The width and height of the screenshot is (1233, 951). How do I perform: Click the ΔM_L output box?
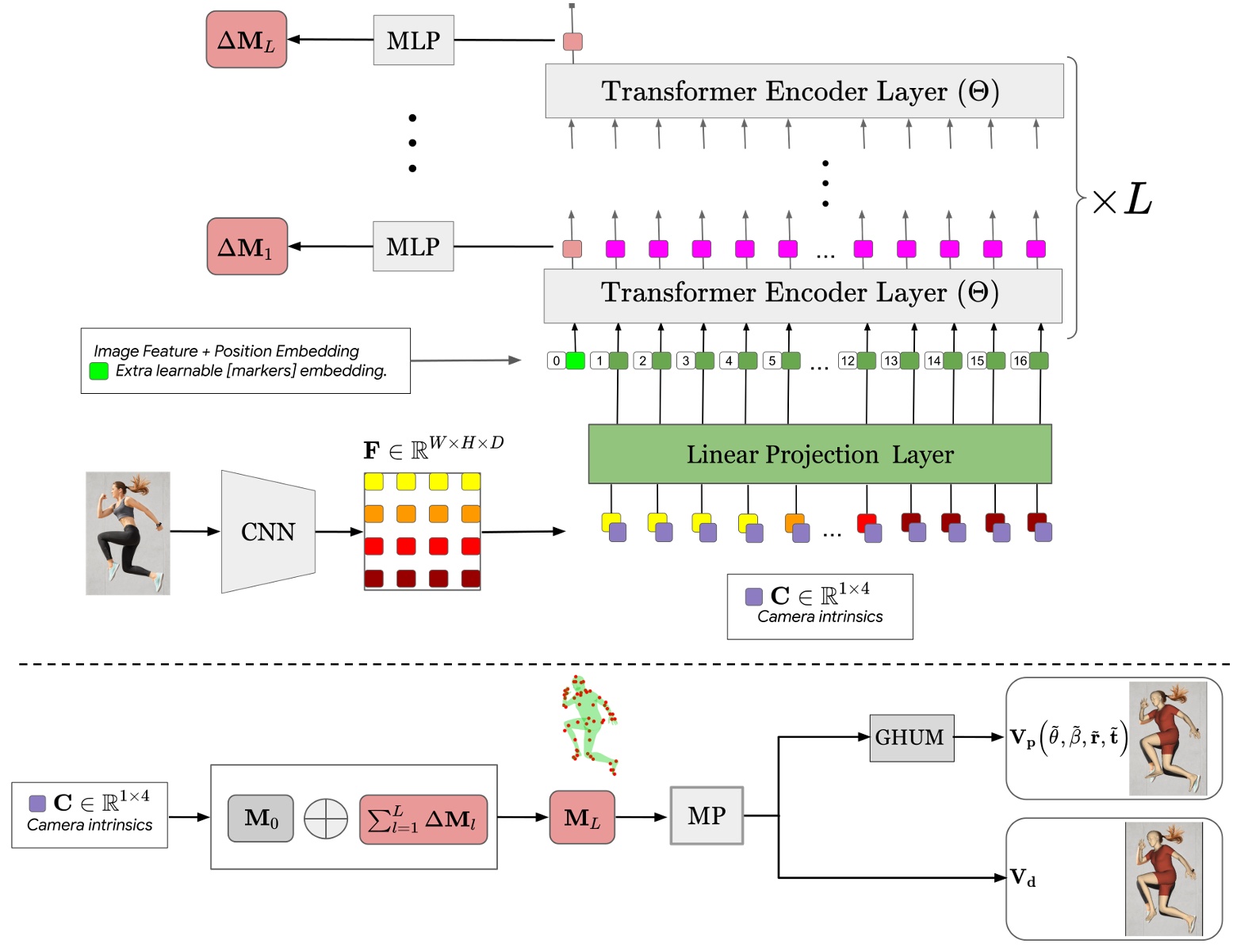pyautogui.click(x=247, y=40)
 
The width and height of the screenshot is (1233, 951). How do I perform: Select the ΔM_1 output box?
pyautogui.click(x=247, y=246)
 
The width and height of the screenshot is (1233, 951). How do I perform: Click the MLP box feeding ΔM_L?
pyautogui.click(x=413, y=40)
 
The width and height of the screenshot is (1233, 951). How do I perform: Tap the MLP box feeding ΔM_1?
pyautogui.click(x=413, y=246)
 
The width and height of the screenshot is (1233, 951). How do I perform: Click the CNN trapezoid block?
pyautogui.click(x=268, y=532)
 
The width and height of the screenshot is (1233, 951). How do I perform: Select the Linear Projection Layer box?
pyautogui.click(x=819, y=454)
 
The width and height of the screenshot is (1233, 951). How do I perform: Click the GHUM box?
pyautogui.click(x=911, y=738)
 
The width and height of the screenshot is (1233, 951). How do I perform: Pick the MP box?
pyautogui.click(x=706, y=815)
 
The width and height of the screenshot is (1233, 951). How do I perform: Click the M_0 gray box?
pyautogui.click(x=261, y=819)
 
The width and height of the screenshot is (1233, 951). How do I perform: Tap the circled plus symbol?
pyautogui.click(x=326, y=819)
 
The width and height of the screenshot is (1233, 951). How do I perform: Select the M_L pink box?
pyautogui.click(x=582, y=818)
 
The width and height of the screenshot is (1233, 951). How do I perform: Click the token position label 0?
pyautogui.click(x=557, y=361)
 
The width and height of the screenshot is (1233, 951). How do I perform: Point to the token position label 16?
pyautogui.click(x=1020, y=361)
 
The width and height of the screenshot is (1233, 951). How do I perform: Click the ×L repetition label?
pyautogui.click(x=1122, y=200)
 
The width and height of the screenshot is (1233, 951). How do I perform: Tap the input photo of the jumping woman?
pyautogui.click(x=128, y=533)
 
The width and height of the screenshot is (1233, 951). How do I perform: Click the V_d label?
pyautogui.click(x=1023, y=878)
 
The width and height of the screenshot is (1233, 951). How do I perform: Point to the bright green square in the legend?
pyautogui.click(x=99, y=371)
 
